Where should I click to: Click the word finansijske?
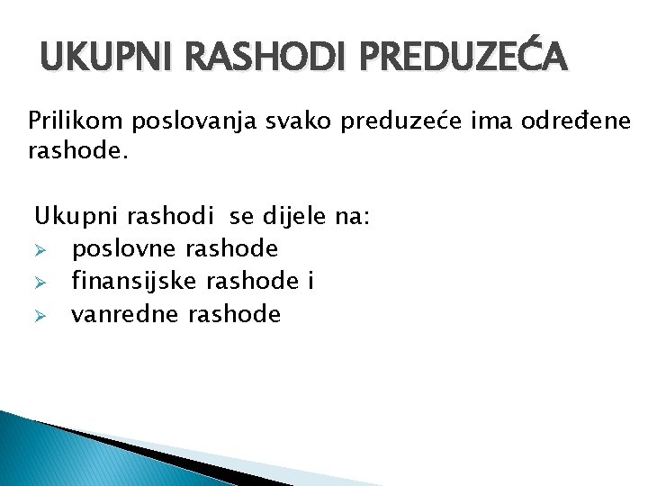point(135,282)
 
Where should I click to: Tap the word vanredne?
point(126,314)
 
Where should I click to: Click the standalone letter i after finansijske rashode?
point(310,282)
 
